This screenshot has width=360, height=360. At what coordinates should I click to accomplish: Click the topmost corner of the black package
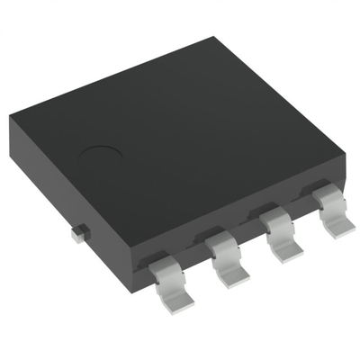point(213,39)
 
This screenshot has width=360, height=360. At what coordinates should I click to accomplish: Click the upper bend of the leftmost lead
point(160,260)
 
